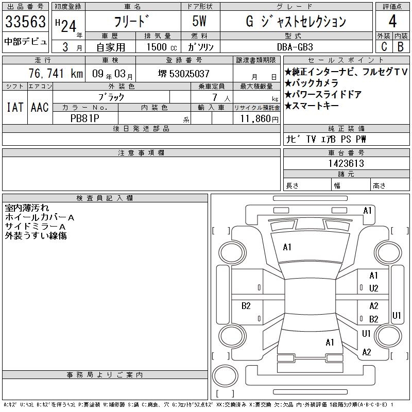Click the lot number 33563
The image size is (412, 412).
(x=25, y=22)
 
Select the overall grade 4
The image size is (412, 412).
(x=392, y=21)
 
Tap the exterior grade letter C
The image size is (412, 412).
(x=384, y=47)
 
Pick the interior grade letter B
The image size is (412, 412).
(x=401, y=47)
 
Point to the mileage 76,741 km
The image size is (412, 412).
(x=56, y=73)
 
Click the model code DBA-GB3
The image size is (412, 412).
(x=295, y=47)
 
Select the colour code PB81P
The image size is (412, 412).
(x=84, y=118)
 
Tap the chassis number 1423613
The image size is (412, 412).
(x=346, y=163)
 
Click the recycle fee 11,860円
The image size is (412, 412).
(x=259, y=119)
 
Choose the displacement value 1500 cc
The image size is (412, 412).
(x=161, y=47)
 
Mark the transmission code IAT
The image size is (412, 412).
(x=15, y=108)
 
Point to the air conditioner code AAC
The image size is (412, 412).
(x=40, y=108)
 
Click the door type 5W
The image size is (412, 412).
(x=199, y=21)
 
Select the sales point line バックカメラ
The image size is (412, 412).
(x=312, y=83)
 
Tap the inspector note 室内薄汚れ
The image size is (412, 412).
(x=27, y=208)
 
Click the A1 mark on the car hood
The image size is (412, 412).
(x=287, y=247)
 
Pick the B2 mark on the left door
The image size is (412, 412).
(x=246, y=306)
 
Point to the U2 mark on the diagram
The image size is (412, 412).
(x=374, y=288)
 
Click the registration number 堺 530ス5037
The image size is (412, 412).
(x=184, y=74)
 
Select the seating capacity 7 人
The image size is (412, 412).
(x=221, y=98)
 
